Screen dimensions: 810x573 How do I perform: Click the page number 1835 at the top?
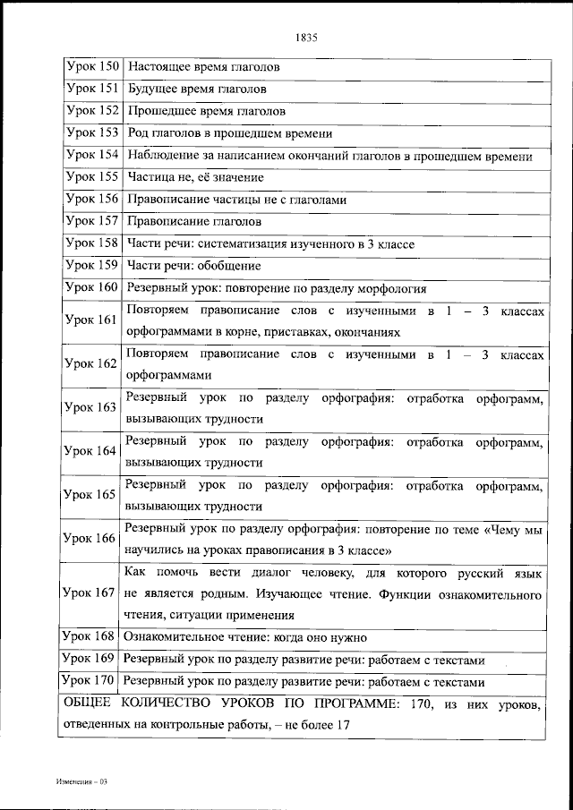pos(306,38)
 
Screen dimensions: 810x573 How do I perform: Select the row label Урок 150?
pos(92,67)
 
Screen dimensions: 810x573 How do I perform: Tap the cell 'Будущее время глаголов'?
pos(197,90)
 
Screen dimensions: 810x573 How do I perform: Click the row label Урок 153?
pos(92,132)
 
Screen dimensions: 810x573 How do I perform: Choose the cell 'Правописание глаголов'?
pos(194,221)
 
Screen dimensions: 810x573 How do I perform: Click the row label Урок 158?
pos(92,243)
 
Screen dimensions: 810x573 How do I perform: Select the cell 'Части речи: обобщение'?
pos(194,265)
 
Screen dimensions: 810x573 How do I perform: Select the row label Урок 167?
pos(90,593)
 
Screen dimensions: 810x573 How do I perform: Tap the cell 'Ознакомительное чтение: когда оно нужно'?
pos(245,638)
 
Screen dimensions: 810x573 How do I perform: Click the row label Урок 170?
pos(90,681)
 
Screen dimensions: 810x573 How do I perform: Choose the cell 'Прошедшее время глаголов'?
pos(206,111)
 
